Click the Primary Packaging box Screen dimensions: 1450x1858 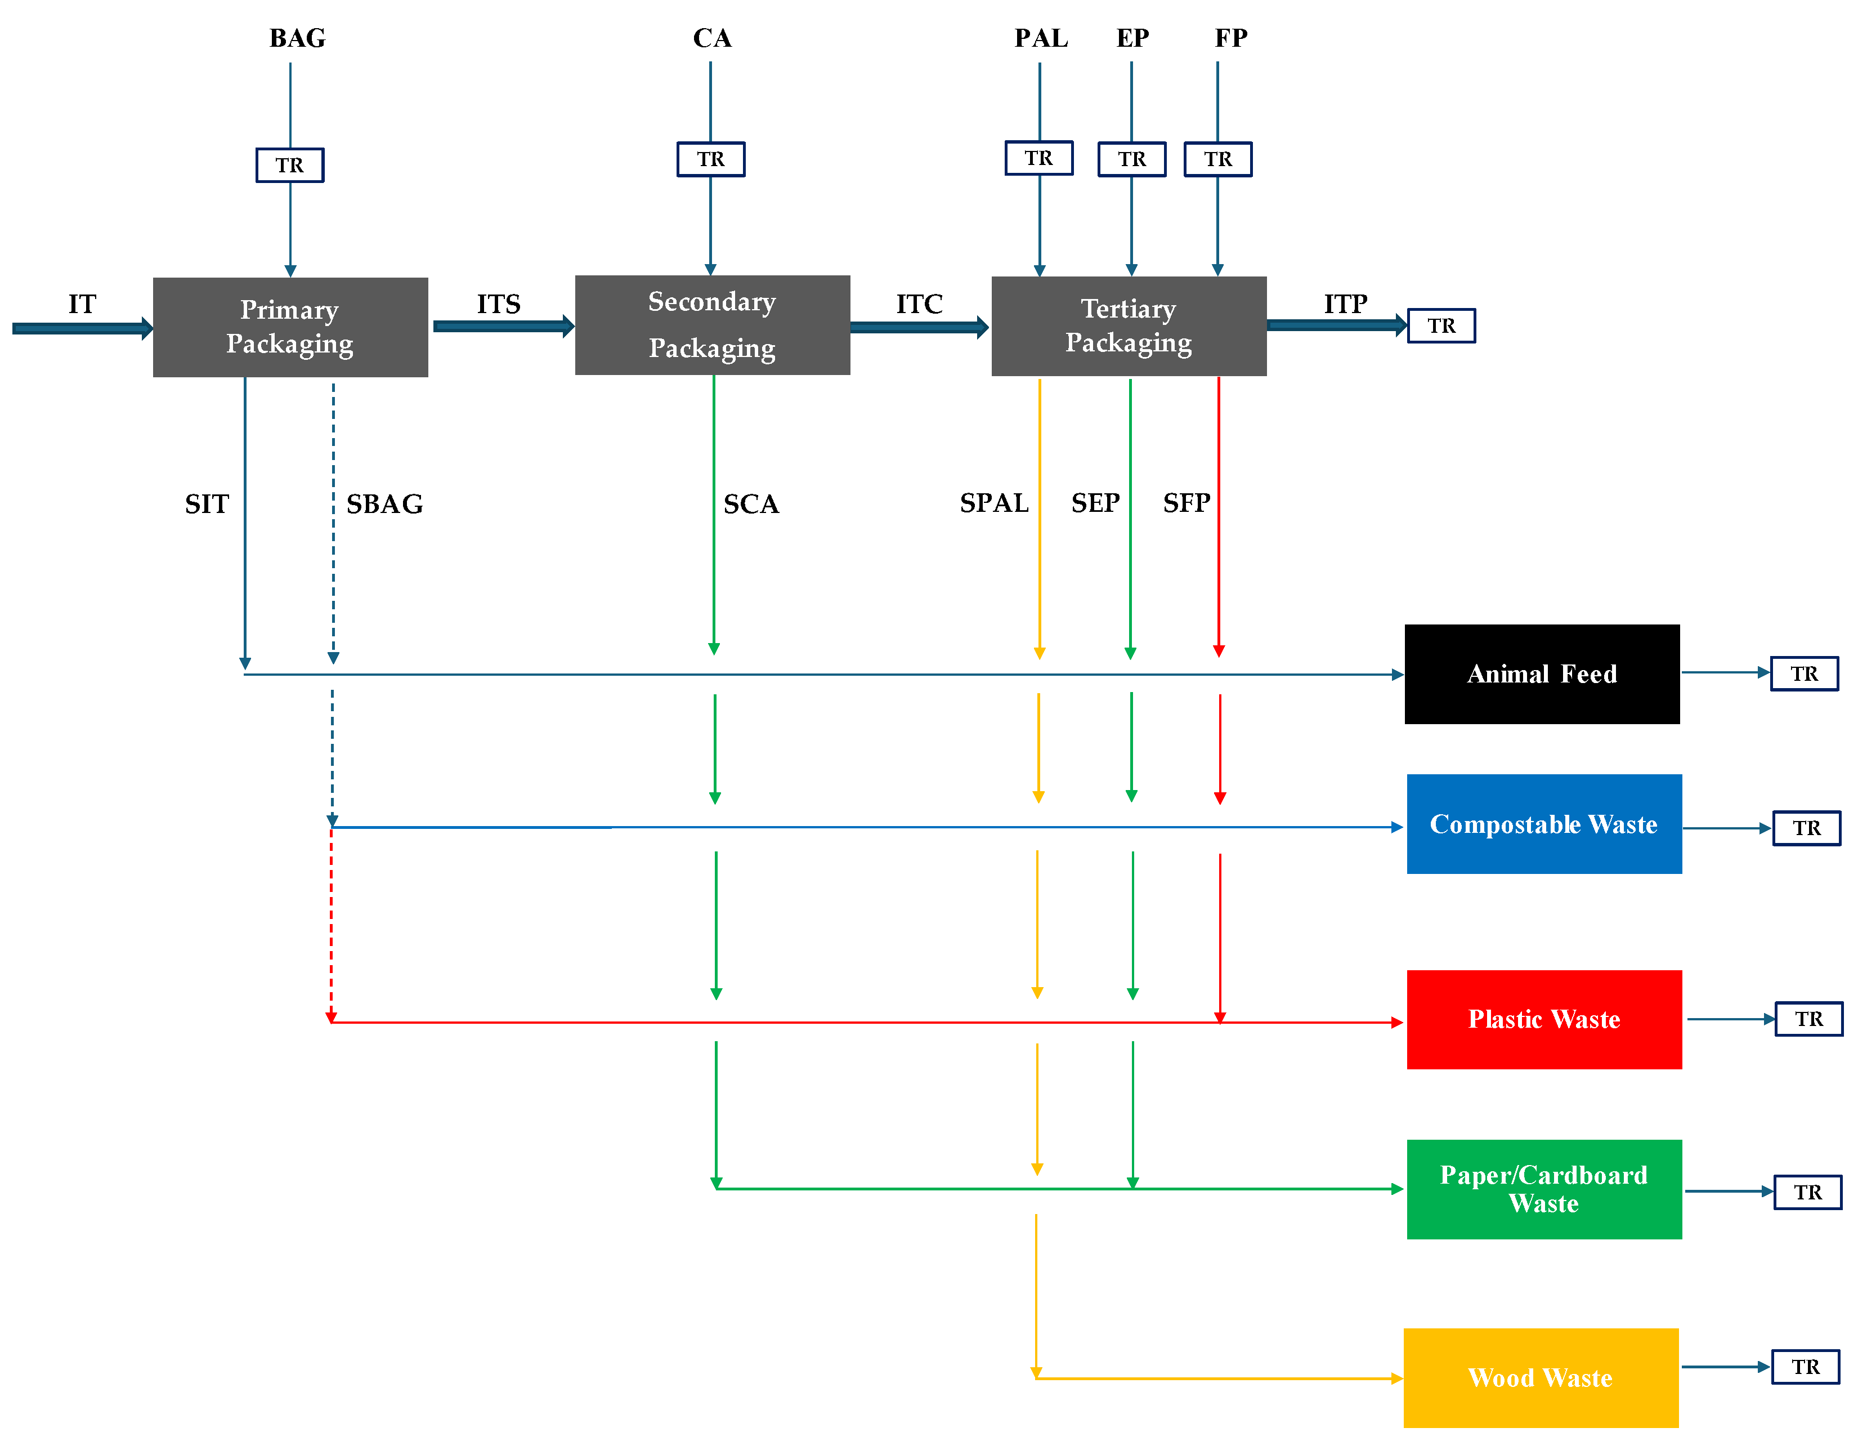click(x=290, y=327)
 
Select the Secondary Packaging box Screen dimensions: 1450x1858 click(x=712, y=325)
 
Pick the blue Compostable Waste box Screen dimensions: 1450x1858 click(x=1543, y=824)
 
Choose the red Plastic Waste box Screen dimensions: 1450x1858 click(x=1543, y=1019)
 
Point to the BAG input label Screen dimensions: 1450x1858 click(x=297, y=38)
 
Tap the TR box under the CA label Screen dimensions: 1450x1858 click(x=710, y=159)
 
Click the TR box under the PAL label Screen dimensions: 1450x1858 click(x=1038, y=158)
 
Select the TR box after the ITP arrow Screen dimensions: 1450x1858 click(x=1440, y=326)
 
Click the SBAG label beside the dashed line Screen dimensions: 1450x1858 click(x=384, y=504)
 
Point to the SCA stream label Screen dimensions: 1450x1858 click(x=750, y=504)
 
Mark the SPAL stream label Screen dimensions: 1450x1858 click(x=993, y=503)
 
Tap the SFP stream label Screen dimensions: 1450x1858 click(x=1186, y=503)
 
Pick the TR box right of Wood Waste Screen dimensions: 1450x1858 click(x=1805, y=1367)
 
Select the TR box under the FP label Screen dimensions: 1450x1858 click(x=1217, y=159)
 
